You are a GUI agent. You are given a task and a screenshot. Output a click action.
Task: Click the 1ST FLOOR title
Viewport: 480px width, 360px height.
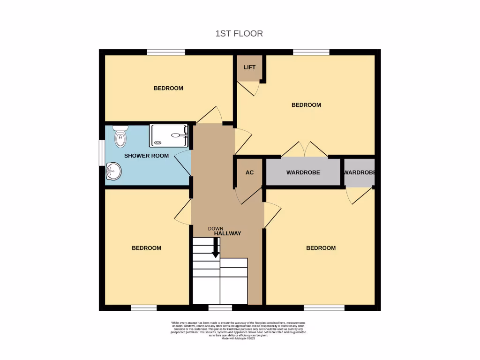click(x=239, y=33)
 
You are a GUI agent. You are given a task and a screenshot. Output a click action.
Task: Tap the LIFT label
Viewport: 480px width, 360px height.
click(x=249, y=67)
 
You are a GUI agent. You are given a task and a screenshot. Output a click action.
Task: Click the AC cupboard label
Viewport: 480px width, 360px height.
click(x=249, y=172)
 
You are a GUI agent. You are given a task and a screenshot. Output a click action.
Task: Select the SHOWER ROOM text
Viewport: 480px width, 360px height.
click(x=146, y=156)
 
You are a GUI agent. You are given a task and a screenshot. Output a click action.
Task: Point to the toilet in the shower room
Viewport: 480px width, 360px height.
click(x=120, y=135)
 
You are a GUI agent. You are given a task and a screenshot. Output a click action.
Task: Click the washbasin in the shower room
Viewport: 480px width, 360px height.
click(x=113, y=171)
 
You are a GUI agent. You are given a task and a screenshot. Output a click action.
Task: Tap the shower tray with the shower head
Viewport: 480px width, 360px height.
click(x=169, y=135)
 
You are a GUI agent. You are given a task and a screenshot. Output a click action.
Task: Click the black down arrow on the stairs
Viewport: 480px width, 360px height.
click(x=216, y=247)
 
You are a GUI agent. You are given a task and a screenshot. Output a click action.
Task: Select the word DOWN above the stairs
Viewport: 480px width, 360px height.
click(x=216, y=228)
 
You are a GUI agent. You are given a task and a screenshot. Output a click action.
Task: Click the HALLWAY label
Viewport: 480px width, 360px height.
click(x=228, y=233)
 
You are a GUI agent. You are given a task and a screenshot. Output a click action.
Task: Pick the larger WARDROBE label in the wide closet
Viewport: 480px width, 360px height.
click(x=303, y=172)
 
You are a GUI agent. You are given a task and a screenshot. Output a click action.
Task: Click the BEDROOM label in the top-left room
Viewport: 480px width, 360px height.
click(x=168, y=88)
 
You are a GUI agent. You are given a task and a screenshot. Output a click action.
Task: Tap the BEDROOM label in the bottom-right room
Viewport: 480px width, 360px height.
click(x=321, y=248)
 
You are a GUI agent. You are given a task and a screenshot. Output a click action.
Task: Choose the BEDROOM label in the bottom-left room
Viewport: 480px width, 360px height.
click(x=146, y=248)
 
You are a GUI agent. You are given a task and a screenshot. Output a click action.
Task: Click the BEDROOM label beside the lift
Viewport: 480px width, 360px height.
click(x=306, y=105)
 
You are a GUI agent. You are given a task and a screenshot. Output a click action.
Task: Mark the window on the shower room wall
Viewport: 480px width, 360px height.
click(x=102, y=152)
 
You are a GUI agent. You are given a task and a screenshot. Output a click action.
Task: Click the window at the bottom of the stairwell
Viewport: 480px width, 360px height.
click(x=220, y=307)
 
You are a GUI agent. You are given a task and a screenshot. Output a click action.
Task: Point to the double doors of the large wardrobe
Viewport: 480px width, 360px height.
click(x=305, y=150)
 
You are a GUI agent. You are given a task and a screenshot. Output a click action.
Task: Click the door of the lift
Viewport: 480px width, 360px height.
click(x=248, y=88)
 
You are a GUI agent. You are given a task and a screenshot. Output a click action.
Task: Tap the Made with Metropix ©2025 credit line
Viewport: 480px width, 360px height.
click(x=239, y=338)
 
